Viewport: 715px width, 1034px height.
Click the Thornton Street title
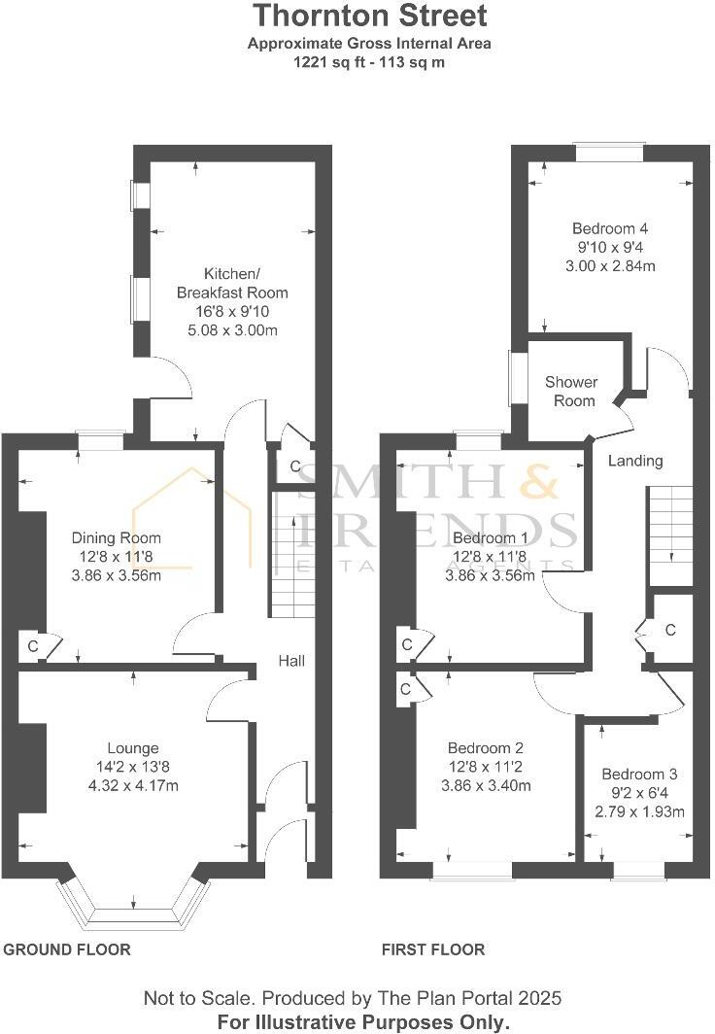coord(370,17)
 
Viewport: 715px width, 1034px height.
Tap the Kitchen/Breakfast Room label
coord(231,283)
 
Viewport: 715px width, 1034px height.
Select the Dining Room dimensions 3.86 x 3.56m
coord(117,575)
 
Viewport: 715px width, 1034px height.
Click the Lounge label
coord(133,748)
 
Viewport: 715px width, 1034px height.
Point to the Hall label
coord(291,661)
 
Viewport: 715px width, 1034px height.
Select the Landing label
coord(635,461)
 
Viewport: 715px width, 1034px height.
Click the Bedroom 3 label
coord(639,775)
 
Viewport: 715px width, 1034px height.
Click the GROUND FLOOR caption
coord(67,949)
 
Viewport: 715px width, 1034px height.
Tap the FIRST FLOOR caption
coord(433,949)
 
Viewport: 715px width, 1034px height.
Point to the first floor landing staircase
coord(670,525)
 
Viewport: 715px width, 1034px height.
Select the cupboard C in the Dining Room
coord(34,646)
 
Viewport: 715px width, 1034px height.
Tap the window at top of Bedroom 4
coord(609,152)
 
